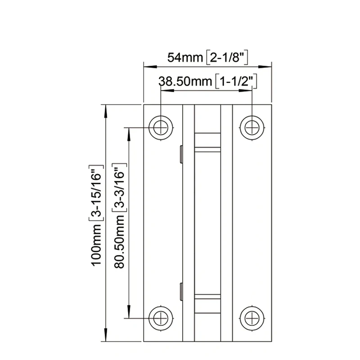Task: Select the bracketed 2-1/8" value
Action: click(x=228, y=58)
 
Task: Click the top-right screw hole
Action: click(x=252, y=127)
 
